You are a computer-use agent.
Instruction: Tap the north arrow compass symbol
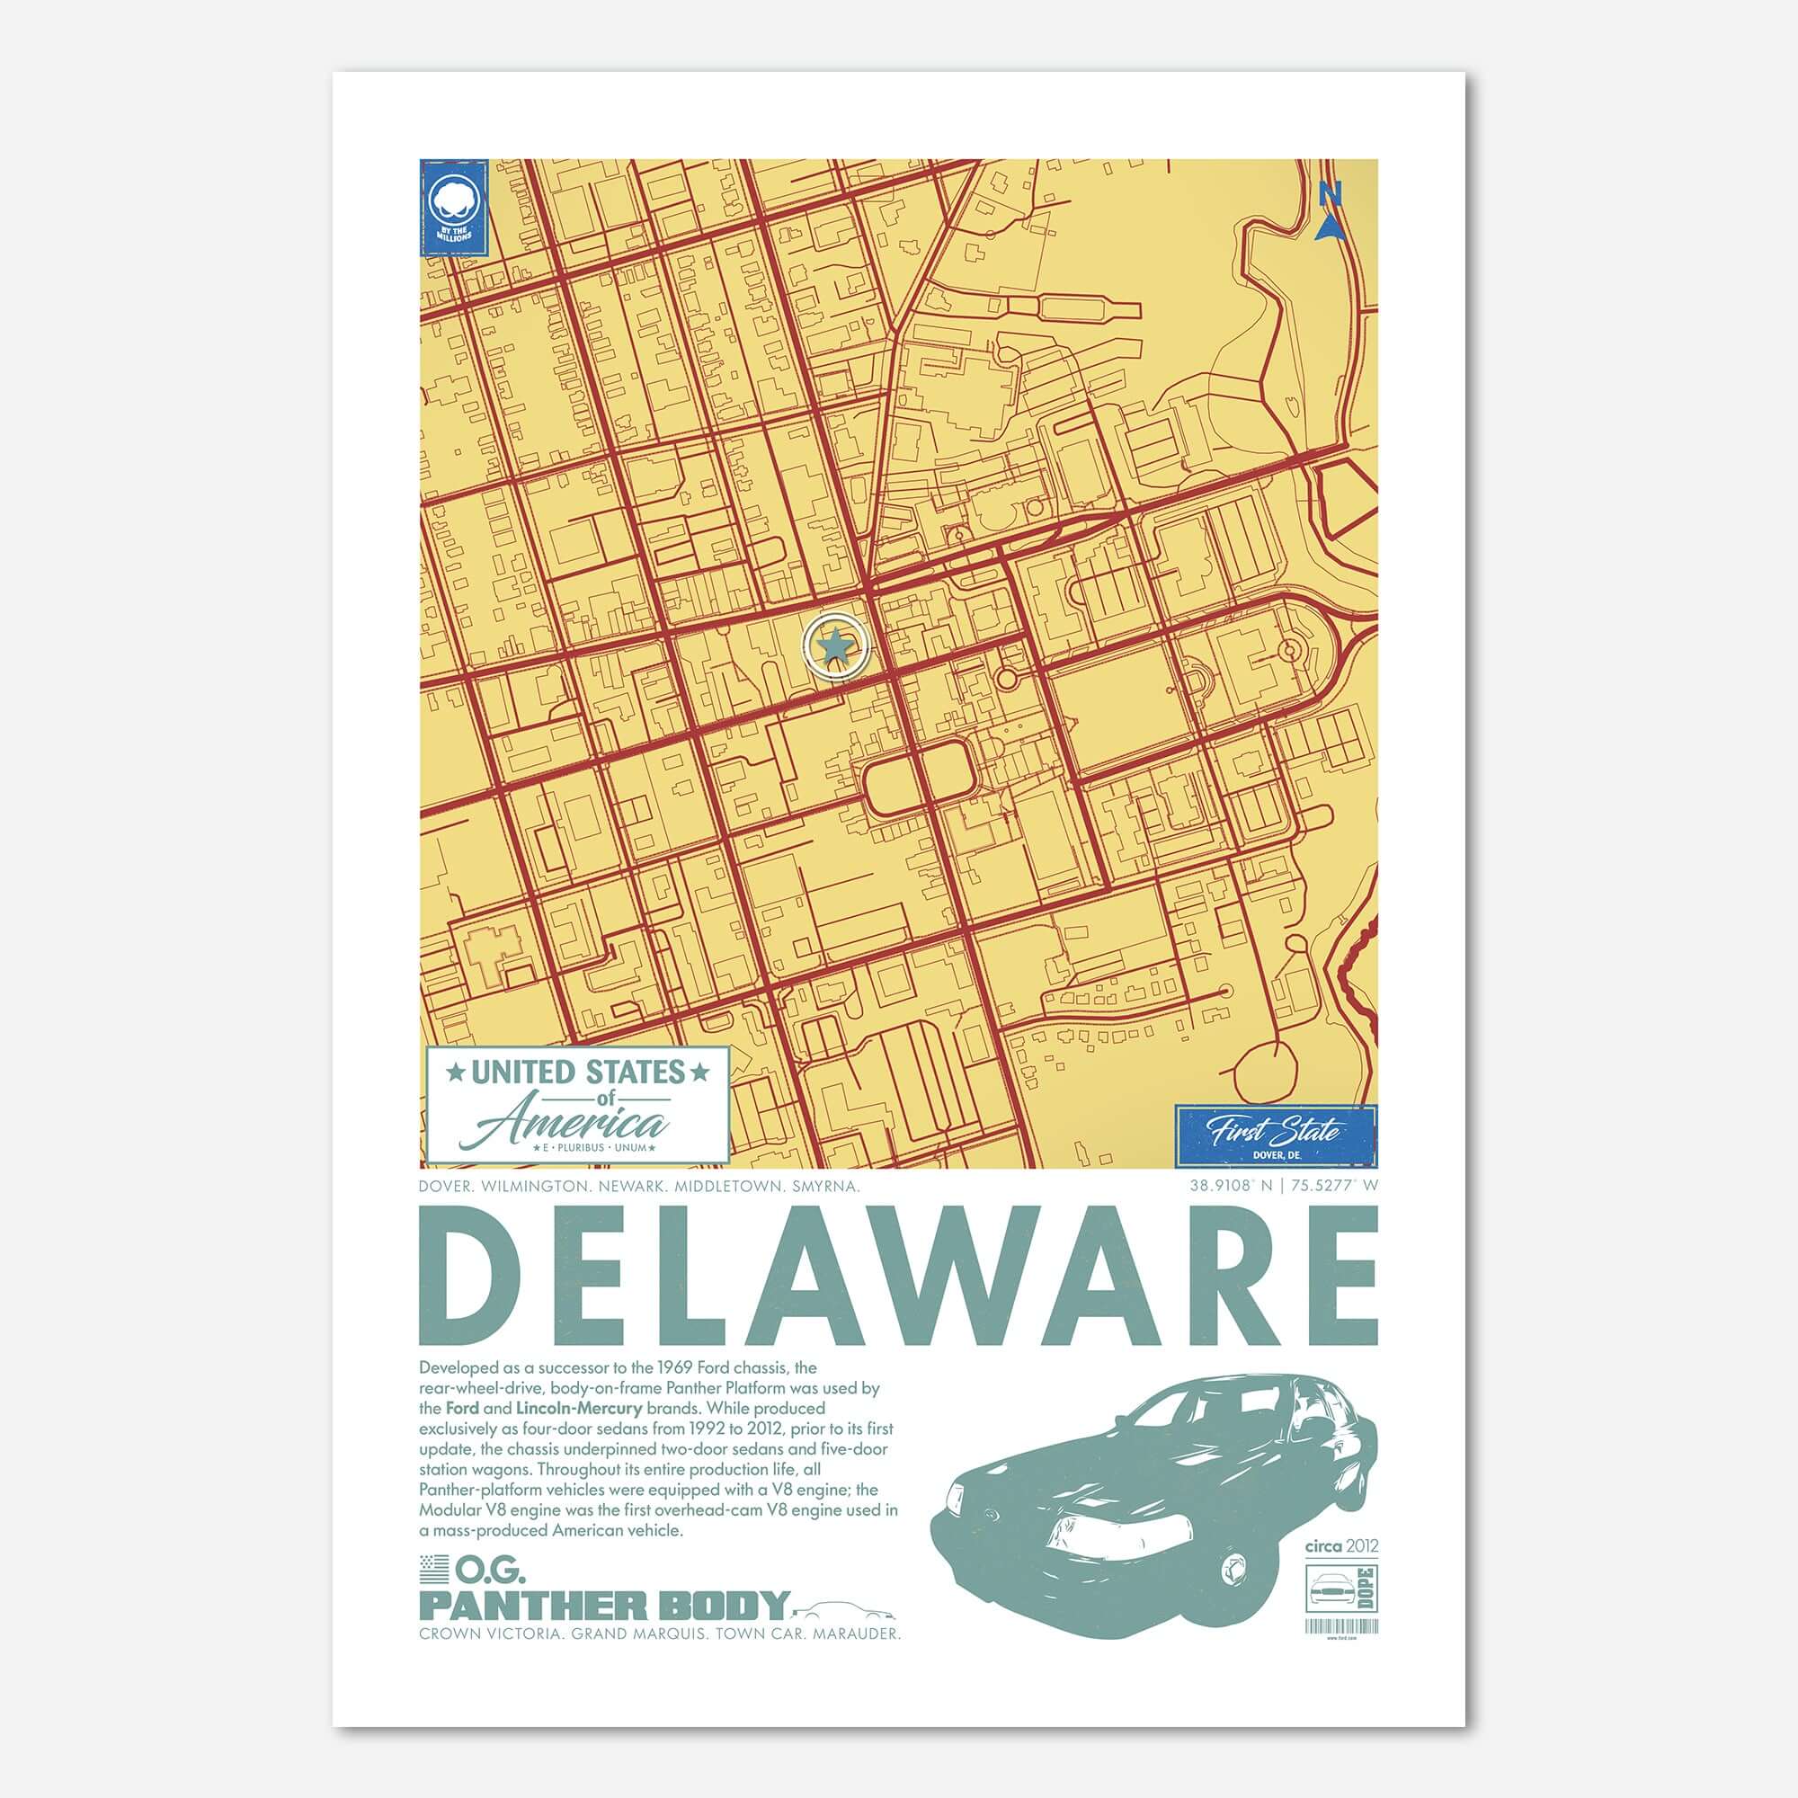pos(1331,210)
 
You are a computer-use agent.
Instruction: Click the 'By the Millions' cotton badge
pos(455,208)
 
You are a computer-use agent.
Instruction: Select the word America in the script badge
pos(578,1126)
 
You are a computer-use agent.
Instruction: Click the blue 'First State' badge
pos(1275,1135)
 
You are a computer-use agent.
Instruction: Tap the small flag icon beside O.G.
pos(433,1570)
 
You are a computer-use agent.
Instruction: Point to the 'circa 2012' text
pos(1341,1545)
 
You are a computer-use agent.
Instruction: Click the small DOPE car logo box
pos(1341,1589)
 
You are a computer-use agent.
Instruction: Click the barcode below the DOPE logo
pos(1341,1624)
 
